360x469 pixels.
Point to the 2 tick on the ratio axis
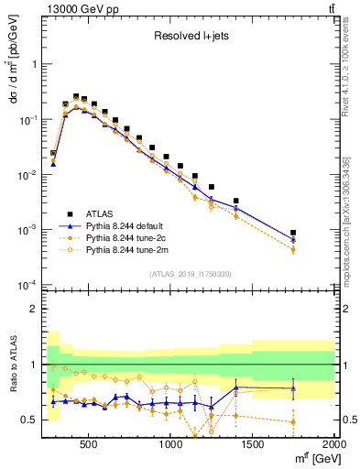pyautogui.click(x=34, y=310)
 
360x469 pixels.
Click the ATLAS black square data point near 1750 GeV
pyautogui.click(x=293, y=234)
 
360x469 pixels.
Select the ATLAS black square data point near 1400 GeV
pyautogui.click(x=235, y=201)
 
